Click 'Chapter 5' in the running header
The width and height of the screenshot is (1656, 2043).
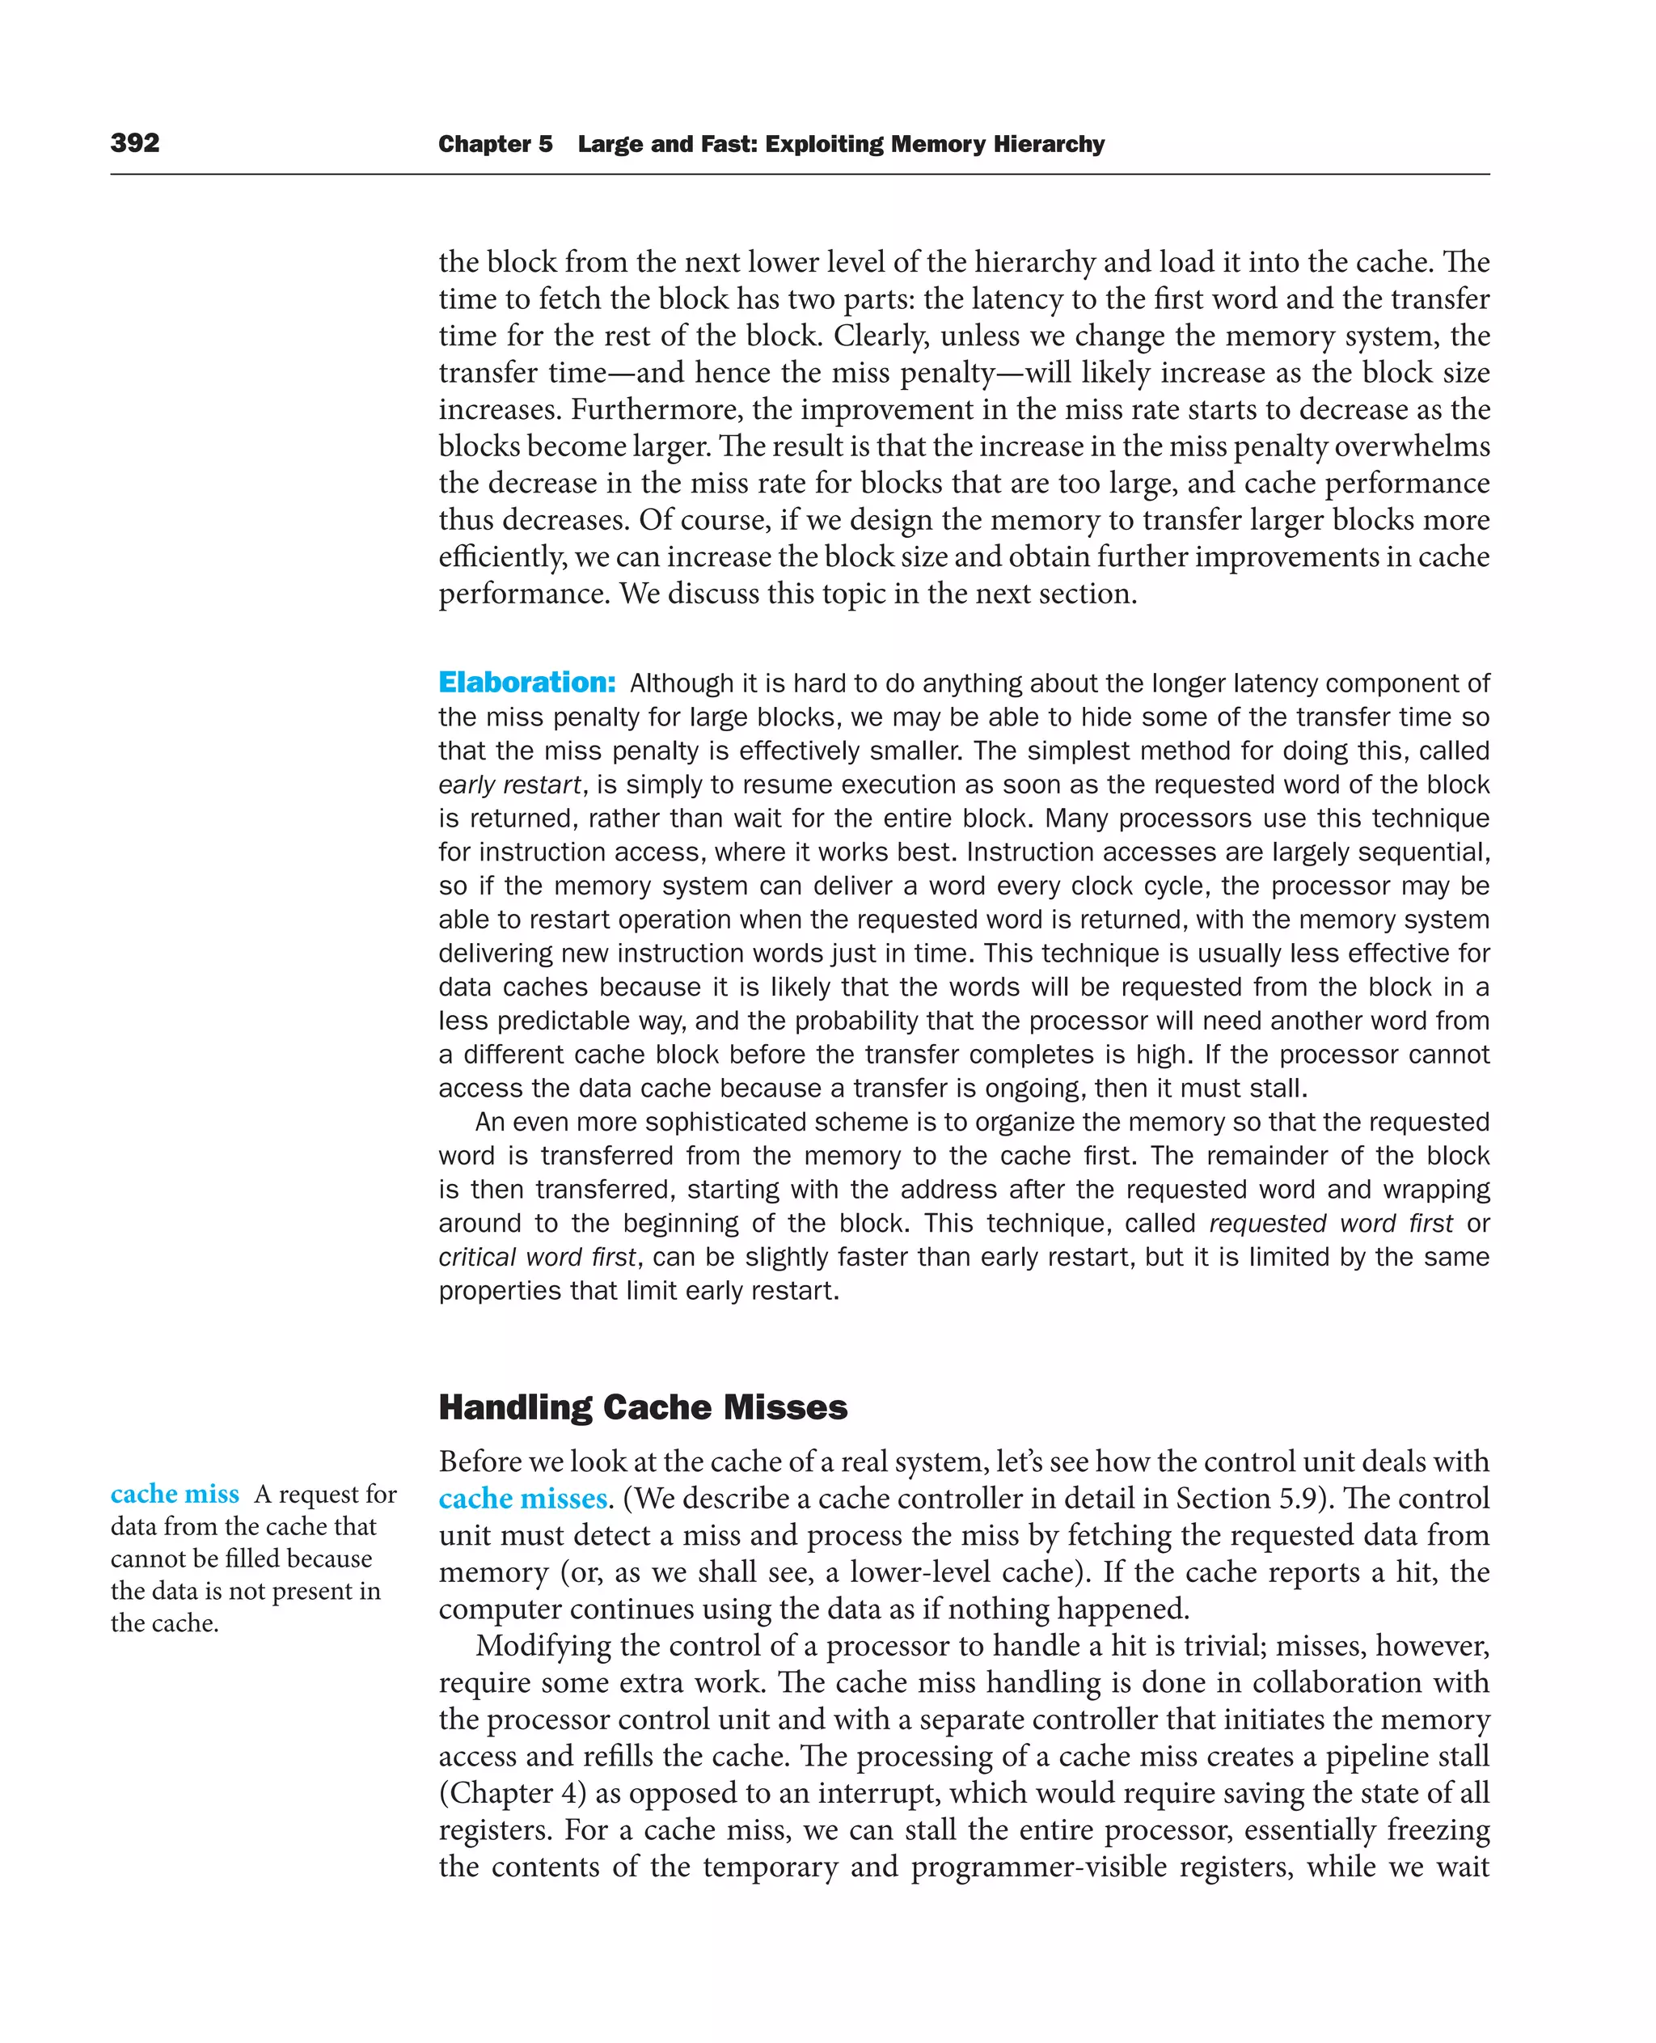tap(494, 144)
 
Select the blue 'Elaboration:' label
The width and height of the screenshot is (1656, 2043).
tap(526, 683)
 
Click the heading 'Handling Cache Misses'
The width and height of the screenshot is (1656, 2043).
tap(642, 1407)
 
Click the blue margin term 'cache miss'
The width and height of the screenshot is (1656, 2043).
tap(175, 1495)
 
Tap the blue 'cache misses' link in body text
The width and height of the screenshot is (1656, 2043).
tap(522, 1499)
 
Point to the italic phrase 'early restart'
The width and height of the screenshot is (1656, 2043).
tap(509, 785)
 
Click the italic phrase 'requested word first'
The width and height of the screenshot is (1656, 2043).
tap(1331, 1224)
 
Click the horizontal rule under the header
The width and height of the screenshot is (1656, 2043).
tap(800, 175)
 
